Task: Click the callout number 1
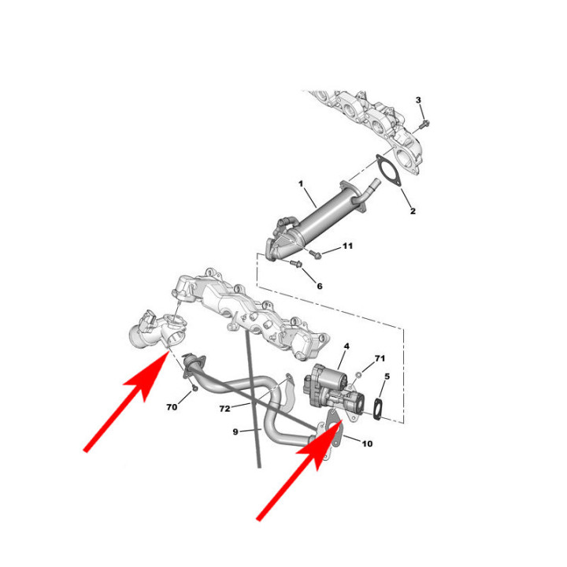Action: [301, 184]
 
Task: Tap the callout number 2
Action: [413, 211]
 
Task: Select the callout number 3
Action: [418, 100]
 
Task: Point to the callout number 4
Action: [346, 346]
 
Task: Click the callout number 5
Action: [387, 376]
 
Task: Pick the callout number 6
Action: [319, 287]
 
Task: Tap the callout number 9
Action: [235, 432]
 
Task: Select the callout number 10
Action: [367, 443]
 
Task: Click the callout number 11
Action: [347, 246]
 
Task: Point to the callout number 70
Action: [172, 407]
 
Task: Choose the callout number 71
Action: [380, 358]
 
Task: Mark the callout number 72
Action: [224, 409]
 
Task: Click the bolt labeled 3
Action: [424, 124]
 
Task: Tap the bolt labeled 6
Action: [297, 264]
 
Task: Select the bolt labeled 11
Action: [315, 254]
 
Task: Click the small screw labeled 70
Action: [195, 388]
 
